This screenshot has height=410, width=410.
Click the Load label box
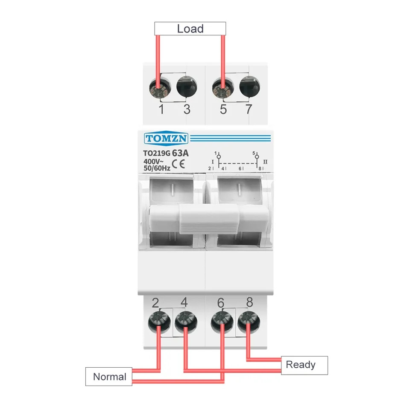tap(190, 29)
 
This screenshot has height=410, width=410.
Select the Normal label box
tap(109, 377)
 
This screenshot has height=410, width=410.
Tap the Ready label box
tap(305, 365)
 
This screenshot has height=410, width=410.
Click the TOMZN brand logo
tap(166, 138)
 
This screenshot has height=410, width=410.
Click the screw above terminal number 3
tap(187, 87)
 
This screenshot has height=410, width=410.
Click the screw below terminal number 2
tap(159, 322)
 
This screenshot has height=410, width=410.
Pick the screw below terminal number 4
tap(186, 322)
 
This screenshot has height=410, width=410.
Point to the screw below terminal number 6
tap(222, 322)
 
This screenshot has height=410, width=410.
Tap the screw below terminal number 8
tap(249, 322)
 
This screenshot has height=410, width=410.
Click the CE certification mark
tap(179, 164)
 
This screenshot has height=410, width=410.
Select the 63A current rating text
tap(180, 153)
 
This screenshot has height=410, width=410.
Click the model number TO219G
tap(157, 153)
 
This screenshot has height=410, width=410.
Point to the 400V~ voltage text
tap(153, 161)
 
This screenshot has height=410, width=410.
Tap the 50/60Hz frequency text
tap(157, 168)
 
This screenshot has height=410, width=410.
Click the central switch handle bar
tap(209, 219)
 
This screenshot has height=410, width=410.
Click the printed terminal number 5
tap(223, 109)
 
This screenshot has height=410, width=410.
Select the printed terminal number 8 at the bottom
tap(250, 302)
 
